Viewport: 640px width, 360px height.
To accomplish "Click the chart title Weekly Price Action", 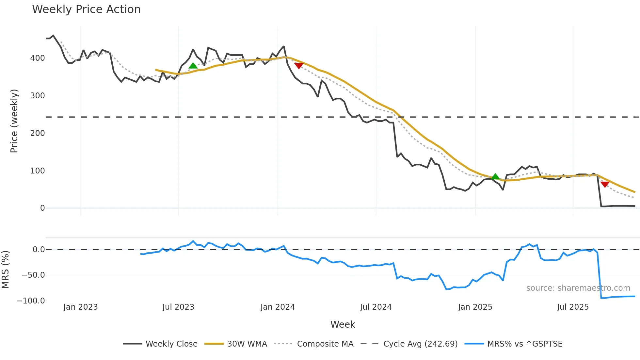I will pyautogui.click(x=86, y=9).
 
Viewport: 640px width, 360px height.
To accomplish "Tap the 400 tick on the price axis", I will pyautogui.click(x=38, y=58).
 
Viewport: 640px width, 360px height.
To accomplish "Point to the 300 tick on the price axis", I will pyautogui.click(x=38, y=96).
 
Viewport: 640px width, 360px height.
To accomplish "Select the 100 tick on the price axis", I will pyautogui.click(x=38, y=171).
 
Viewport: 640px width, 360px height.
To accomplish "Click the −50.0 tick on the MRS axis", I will pyautogui.click(x=33, y=275).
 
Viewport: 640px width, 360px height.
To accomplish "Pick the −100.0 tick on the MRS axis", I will pyautogui.click(x=31, y=301).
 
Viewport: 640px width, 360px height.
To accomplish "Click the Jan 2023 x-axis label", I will pyautogui.click(x=80, y=307).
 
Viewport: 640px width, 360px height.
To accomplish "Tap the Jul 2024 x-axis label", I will pyautogui.click(x=376, y=307).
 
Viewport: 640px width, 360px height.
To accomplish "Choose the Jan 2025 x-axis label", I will pyautogui.click(x=475, y=307).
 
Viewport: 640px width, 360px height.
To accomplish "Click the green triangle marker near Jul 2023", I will pyautogui.click(x=193, y=66).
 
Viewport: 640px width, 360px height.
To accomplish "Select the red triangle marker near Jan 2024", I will pyautogui.click(x=299, y=66).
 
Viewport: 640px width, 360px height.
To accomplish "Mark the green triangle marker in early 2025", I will pyautogui.click(x=495, y=177).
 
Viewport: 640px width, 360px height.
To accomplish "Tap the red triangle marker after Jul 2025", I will pyautogui.click(x=605, y=185).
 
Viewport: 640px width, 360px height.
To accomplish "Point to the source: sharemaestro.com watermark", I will pyautogui.click(x=578, y=288).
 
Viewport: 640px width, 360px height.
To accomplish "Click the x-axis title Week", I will pyautogui.click(x=343, y=324).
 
